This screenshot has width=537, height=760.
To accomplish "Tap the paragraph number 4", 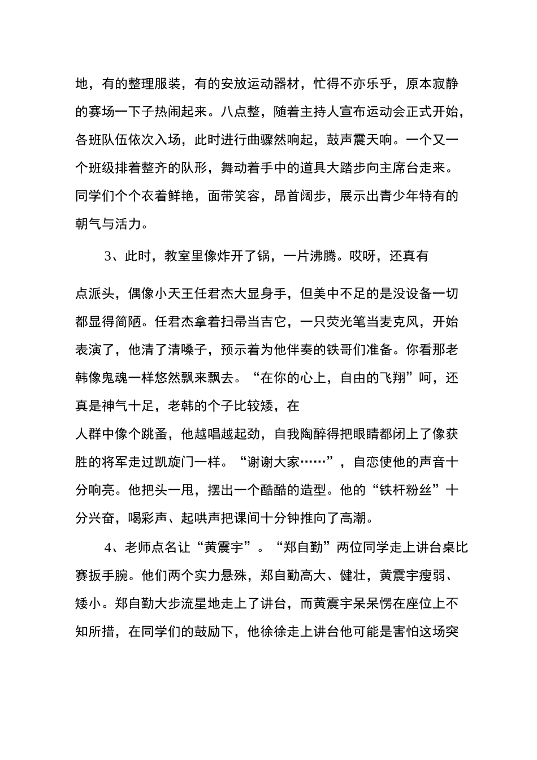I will click(x=107, y=547).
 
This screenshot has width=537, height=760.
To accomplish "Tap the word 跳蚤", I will click(x=154, y=434).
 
